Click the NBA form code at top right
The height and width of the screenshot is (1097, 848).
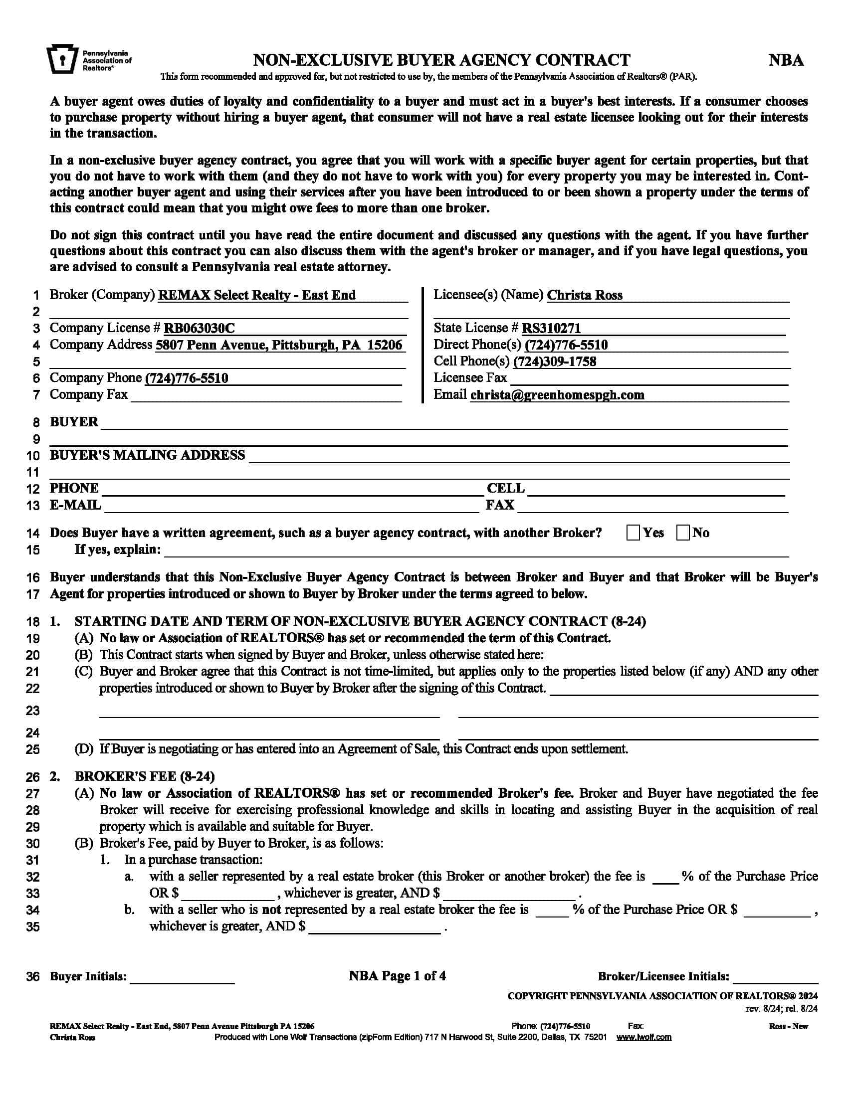[786, 61]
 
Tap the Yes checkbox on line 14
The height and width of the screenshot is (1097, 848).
[633, 533]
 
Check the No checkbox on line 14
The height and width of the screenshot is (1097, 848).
[683, 533]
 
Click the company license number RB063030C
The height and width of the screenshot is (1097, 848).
[200, 329]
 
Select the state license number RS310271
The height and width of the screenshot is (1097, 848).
[551, 329]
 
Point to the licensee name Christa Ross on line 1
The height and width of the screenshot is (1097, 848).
[584, 295]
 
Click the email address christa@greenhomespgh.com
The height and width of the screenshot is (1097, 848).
[557, 395]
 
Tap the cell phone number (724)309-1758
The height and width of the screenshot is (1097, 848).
[555, 362]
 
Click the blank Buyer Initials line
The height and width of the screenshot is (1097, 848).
[182, 977]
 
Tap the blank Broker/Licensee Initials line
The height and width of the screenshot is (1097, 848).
[775, 977]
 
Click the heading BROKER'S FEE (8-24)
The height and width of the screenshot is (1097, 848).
[145, 776]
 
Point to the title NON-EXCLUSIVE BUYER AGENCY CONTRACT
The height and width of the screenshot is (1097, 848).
[441, 60]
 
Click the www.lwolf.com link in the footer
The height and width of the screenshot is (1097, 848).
[643, 1038]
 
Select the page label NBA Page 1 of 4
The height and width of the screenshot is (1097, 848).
[398, 976]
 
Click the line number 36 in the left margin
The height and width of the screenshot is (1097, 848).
[32, 977]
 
